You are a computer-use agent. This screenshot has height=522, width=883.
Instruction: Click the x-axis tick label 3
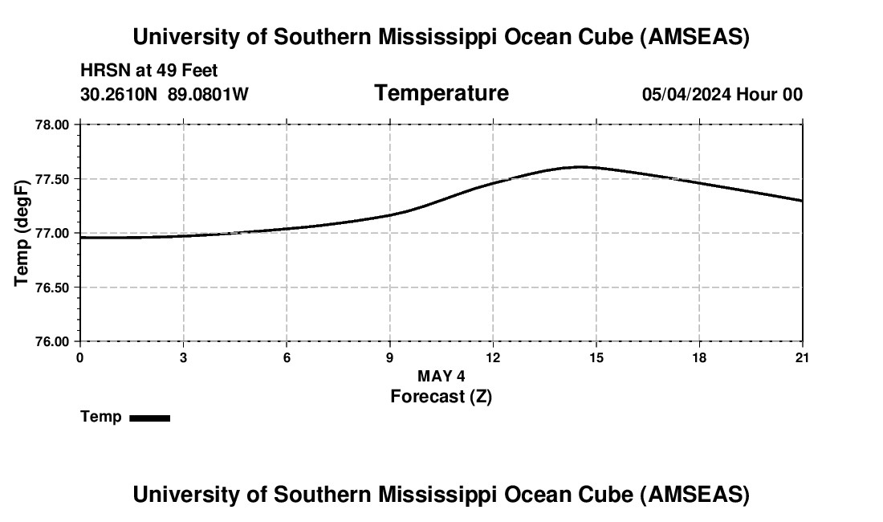[x=183, y=357]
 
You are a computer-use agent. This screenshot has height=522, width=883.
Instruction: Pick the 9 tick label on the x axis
[x=389, y=357]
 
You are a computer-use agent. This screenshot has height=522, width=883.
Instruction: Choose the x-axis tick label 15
[x=596, y=357]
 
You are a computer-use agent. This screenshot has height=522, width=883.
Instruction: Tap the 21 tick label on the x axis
[x=802, y=357]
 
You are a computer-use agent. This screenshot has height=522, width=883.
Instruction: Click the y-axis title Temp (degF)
[x=22, y=233]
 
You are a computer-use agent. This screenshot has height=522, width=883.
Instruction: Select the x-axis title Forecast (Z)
[x=441, y=396]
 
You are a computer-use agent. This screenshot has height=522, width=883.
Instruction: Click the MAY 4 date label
[x=441, y=376]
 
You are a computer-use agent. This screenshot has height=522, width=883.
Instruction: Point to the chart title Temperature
[x=441, y=93]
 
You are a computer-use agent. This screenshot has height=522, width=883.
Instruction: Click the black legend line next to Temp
[x=149, y=418]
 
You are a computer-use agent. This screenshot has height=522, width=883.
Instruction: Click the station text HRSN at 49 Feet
[x=149, y=71]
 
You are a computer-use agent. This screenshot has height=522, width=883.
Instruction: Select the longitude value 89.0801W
[x=208, y=95]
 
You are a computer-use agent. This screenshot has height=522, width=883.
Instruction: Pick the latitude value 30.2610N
[x=120, y=95]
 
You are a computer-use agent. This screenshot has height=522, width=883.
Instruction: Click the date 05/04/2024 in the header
[x=686, y=95]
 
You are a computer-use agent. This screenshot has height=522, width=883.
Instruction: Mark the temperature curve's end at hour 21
[x=801, y=201]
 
